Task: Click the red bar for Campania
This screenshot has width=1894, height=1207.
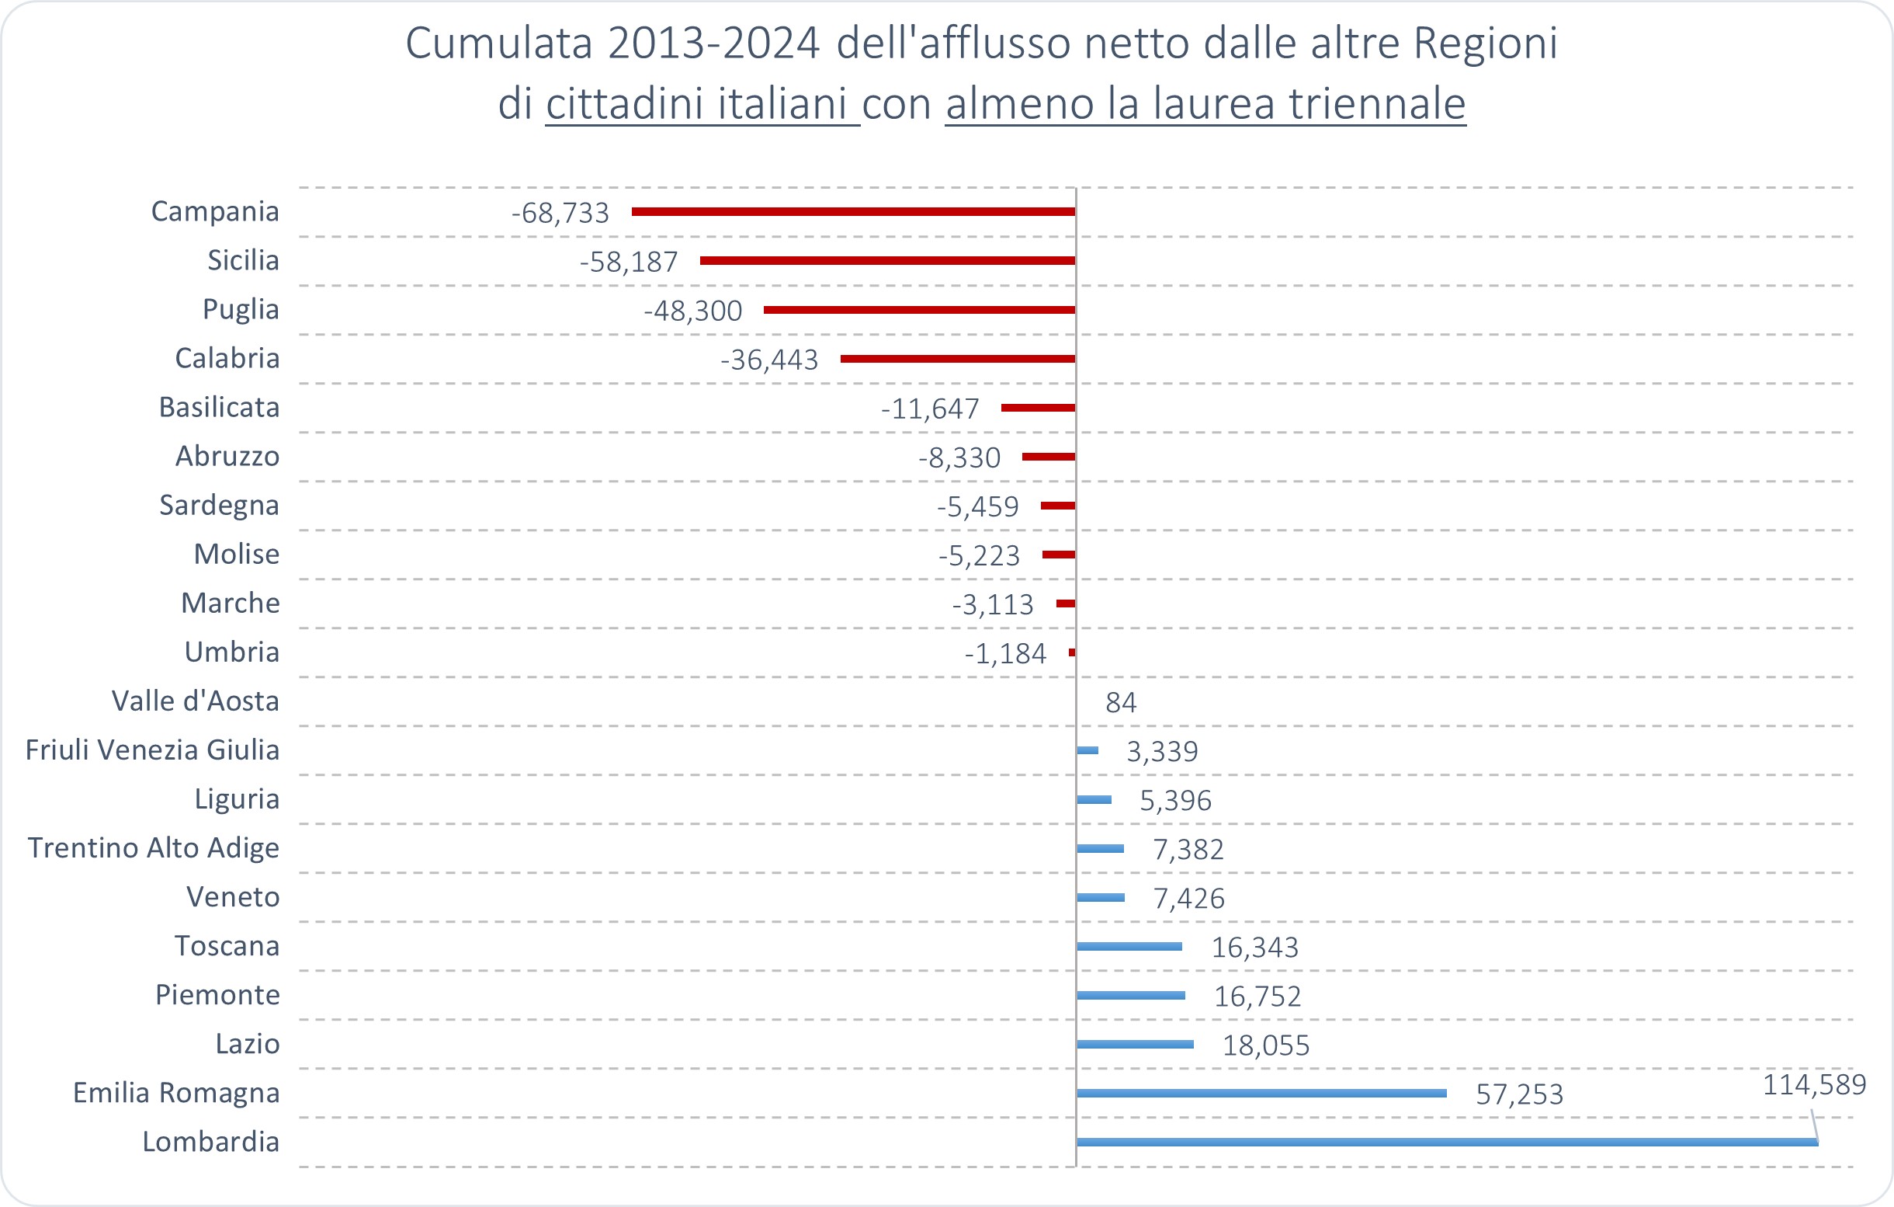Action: pos(853,212)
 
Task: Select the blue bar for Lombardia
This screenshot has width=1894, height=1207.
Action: pos(1447,1142)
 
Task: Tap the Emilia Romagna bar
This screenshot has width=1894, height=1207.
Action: pos(1261,1093)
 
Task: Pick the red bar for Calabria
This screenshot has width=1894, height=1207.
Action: pos(958,359)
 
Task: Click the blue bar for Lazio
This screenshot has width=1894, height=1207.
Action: pos(1135,1044)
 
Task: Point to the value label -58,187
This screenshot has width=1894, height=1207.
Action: pos(629,262)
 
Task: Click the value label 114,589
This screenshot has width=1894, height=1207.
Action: pos(1814,1085)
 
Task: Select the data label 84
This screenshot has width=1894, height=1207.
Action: pos(1121,703)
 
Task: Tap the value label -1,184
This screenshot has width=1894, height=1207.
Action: pos(1005,654)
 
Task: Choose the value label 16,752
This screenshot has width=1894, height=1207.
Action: pos(1257,997)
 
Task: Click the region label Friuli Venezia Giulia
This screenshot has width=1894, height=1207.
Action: pos(153,750)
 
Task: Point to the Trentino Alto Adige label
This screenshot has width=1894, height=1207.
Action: pos(154,848)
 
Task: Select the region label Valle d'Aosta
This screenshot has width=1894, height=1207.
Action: pos(195,701)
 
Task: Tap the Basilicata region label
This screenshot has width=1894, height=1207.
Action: pos(219,408)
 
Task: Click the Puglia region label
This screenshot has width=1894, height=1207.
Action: pos(241,309)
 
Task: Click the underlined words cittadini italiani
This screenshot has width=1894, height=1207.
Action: pos(702,103)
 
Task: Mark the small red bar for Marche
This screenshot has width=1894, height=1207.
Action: pos(1066,603)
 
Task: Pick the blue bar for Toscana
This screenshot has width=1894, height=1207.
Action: pos(1129,946)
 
